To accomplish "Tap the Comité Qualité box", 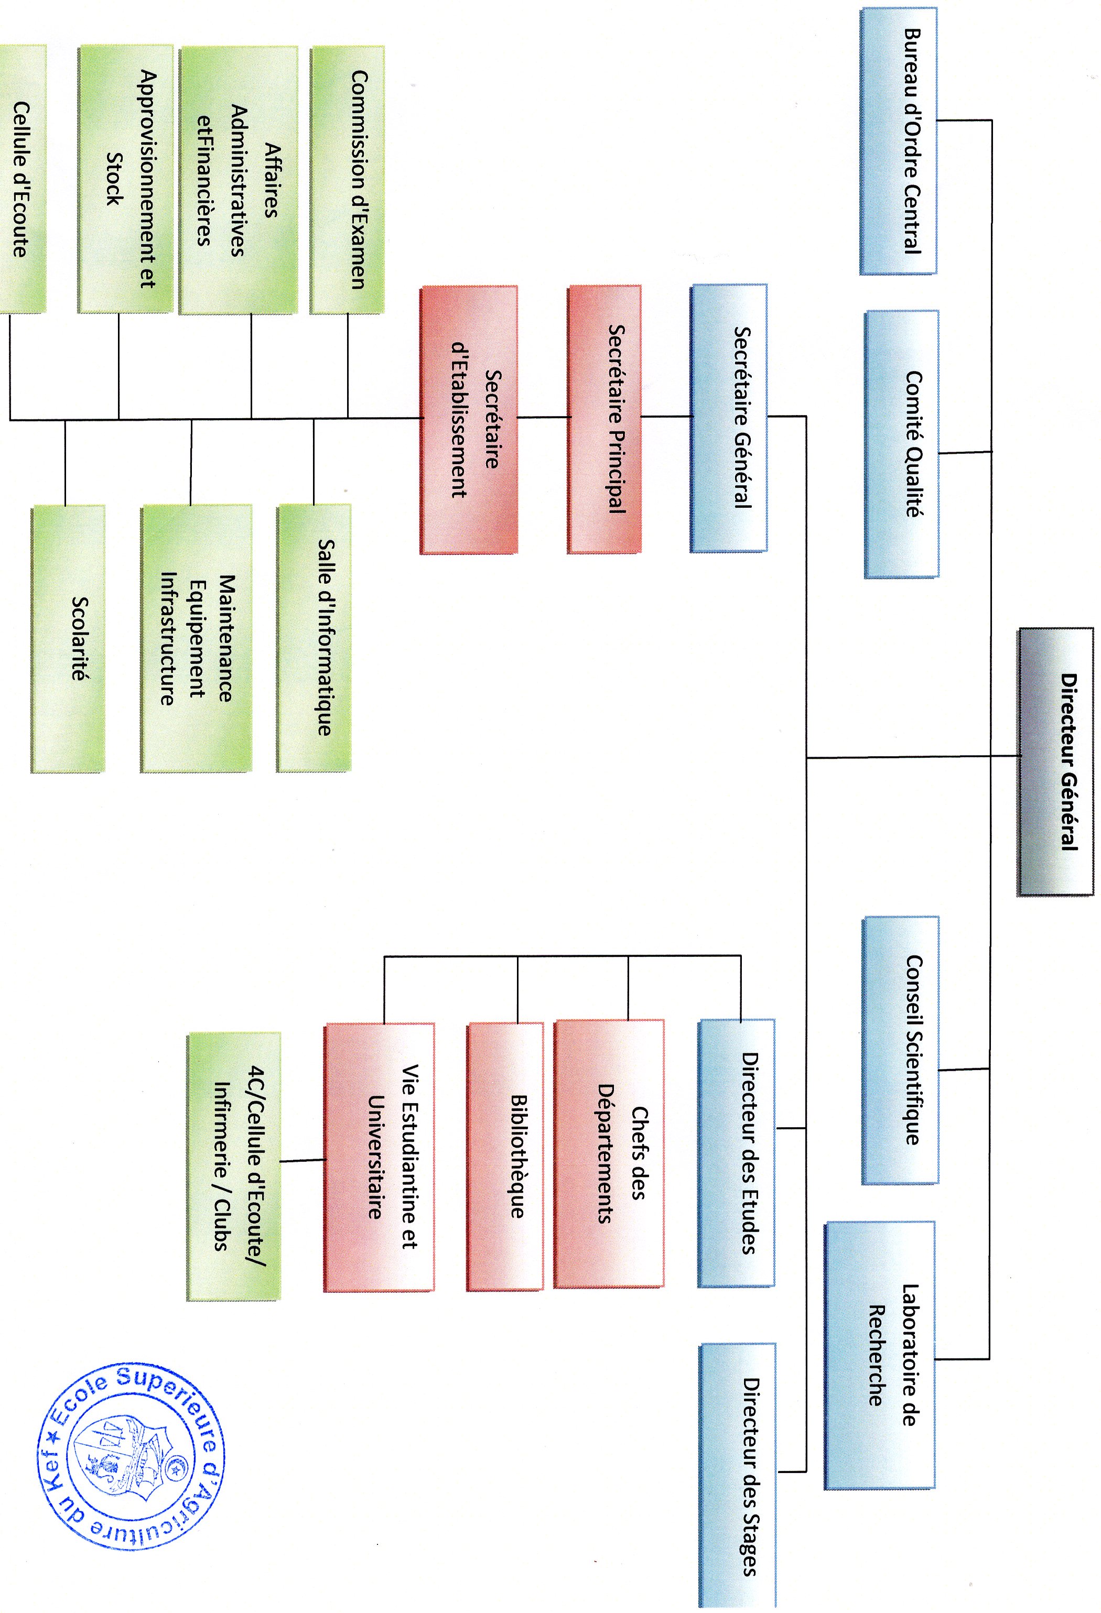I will pos(902,444).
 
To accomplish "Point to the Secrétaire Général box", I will pos(729,418).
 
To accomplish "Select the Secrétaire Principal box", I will pos(604,419).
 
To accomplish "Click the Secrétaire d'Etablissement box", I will pos(469,420).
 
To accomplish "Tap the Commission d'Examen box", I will pos(347,179).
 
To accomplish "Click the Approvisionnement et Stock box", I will pos(126,179).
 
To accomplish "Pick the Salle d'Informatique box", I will pos(314,638).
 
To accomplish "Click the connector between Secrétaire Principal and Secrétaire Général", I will pos(666,417).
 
